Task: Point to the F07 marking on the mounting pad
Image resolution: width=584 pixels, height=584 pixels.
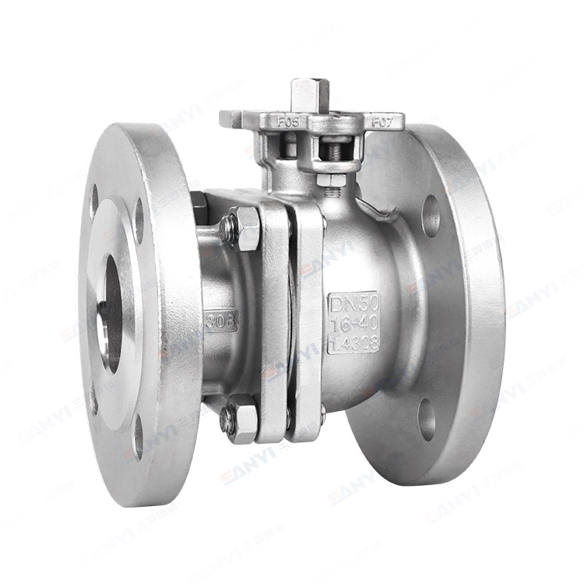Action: (x=382, y=122)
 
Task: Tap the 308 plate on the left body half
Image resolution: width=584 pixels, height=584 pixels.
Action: (x=221, y=320)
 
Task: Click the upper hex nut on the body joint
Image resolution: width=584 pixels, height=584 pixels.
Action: (x=247, y=227)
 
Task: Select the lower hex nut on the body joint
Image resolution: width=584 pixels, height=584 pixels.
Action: (x=244, y=421)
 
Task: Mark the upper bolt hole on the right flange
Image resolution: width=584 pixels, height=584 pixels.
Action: (x=431, y=216)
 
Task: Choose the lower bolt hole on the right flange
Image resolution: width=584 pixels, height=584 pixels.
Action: (x=427, y=418)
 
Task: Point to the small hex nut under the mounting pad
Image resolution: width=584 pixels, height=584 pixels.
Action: (x=332, y=181)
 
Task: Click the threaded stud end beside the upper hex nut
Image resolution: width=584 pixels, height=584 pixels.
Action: (x=227, y=228)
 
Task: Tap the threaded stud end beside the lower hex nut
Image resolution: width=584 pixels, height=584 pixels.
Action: (x=226, y=420)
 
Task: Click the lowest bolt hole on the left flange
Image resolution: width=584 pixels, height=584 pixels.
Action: (x=138, y=436)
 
